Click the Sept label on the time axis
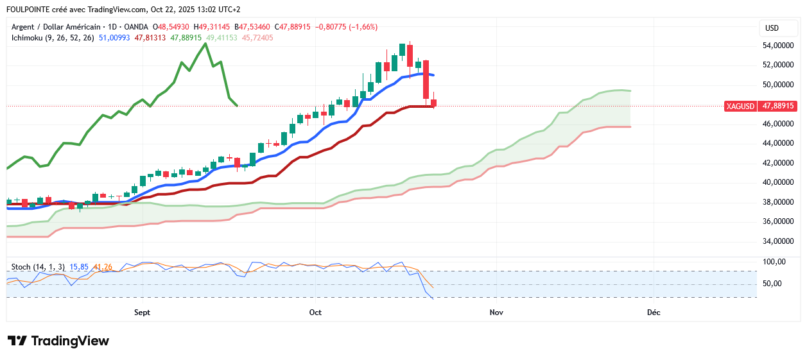click(142, 313)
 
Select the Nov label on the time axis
click(496, 313)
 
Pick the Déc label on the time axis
click(654, 313)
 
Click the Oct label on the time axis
click(315, 313)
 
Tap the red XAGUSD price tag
click(741, 106)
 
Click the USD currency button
click(772, 28)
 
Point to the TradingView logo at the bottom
click(58, 341)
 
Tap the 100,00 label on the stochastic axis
click(774, 262)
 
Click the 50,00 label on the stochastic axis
click(772, 284)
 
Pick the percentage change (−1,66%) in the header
click(363, 27)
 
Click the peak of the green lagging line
click(205, 44)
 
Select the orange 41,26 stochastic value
click(103, 266)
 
